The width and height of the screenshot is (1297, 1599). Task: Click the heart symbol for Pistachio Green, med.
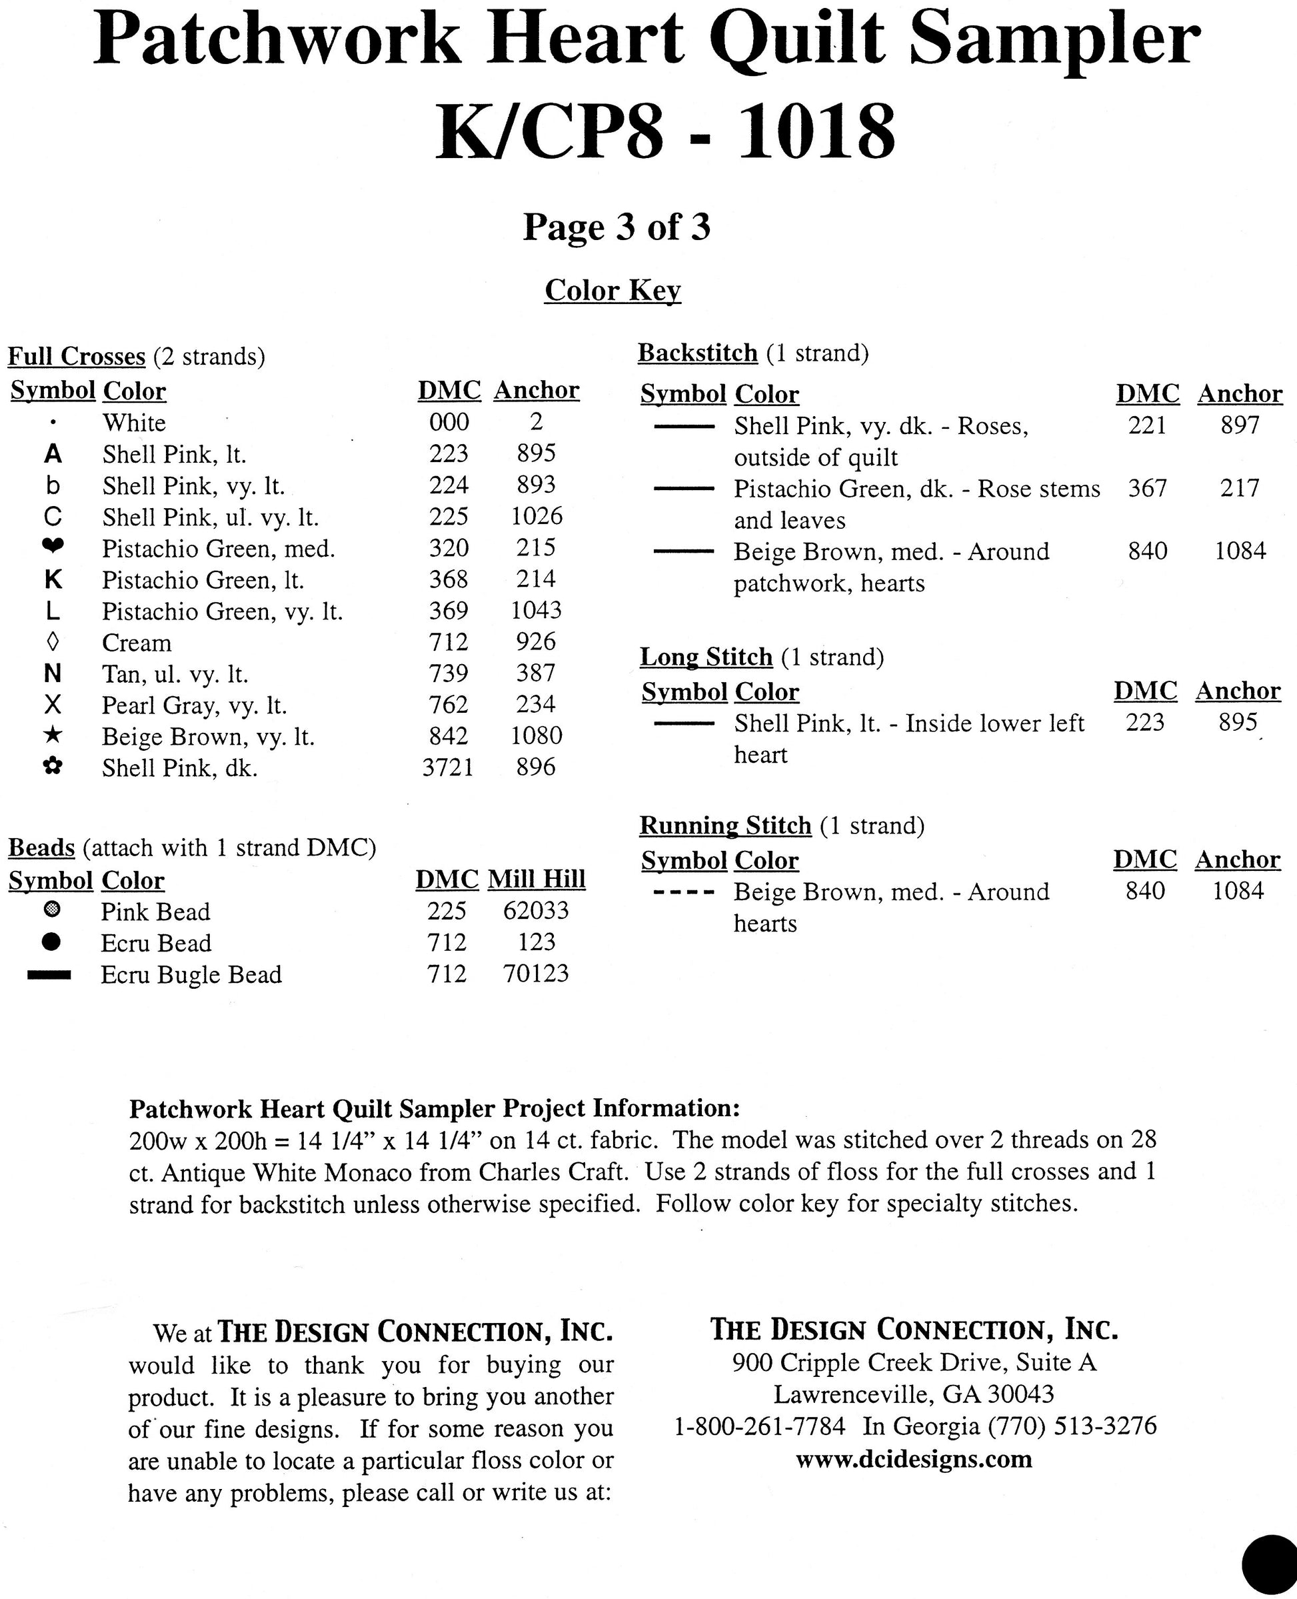pyautogui.click(x=52, y=547)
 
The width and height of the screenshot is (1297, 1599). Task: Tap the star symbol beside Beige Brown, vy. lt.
pyautogui.click(x=52, y=735)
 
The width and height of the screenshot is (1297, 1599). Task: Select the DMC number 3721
pyautogui.click(x=447, y=767)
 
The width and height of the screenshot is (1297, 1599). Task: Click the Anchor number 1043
pyautogui.click(x=536, y=610)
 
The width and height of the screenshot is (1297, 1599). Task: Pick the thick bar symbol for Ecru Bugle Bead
pyautogui.click(x=49, y=974)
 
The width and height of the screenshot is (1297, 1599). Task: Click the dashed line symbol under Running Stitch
pyautogui.click(x=683, y=892)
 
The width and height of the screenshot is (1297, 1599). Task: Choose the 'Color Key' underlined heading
pyautogui.click(x=613, y=290)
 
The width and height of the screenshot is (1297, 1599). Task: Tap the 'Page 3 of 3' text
pyautogui.click(x=617, y=227)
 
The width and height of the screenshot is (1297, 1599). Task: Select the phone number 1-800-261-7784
pyautogui.click(x=760, y=1426)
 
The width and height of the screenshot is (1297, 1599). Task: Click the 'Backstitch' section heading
pyautogui.click(x=697, y=353)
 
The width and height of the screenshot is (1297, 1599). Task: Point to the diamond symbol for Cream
pyautogui.click(x=52, y=641)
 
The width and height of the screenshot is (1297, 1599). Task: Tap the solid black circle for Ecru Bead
pyautogui.click(x=51, y=942)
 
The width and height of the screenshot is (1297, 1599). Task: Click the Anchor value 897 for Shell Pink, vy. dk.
pyautogui.click(x=1240, y=425)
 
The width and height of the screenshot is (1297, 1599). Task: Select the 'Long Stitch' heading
pyautogui.click(x=706, y=656)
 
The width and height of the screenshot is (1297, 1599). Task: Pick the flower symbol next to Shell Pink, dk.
pyautogui.click(x=52, y=766)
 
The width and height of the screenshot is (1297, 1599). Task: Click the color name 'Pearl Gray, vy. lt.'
pyautogui.click(x=194, y=705)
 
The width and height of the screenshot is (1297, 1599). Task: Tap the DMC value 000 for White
pyautogui.click(x=449, y=421)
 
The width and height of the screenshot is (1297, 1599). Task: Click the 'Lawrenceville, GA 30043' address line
pyautogui.click(x=914, y=1394)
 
